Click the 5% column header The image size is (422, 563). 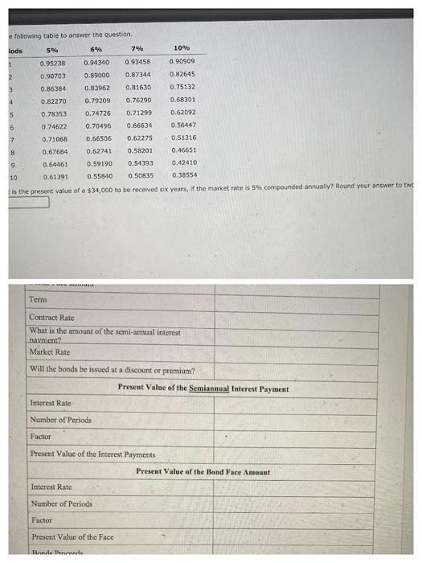click(x=54, y=50)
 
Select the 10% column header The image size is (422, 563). click(x=182, y=50)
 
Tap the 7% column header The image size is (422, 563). click(x=138, y=50)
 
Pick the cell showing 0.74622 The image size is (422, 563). click(x=54, y=126)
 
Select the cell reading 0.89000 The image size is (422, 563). click(x=97, y=75)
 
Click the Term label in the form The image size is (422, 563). click(x=38, y=300)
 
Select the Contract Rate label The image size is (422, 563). click(x=51, y=318)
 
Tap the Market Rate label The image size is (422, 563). click(x=49, y=352)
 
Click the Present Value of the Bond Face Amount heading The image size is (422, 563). click(x=203, y=472)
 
